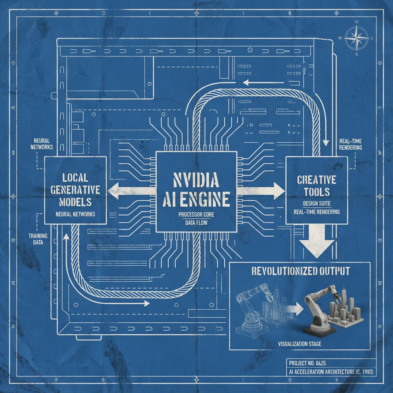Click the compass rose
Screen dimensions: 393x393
tap(357, 38)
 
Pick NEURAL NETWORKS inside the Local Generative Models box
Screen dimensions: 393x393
tap(75, 214)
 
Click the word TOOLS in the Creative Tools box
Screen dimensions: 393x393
tap(316, 192)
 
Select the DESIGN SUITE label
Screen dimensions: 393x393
tap(317, 203)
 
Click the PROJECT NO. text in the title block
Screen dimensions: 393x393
tap(303, 363)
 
